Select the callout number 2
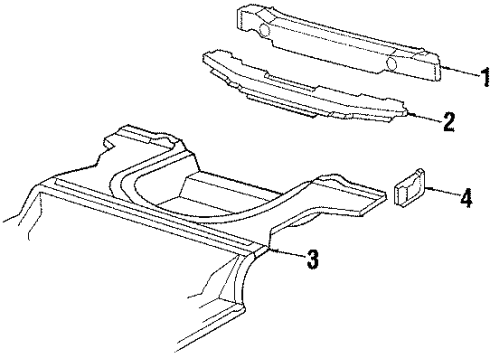[448, 122]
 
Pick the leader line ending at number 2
[427, 119]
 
